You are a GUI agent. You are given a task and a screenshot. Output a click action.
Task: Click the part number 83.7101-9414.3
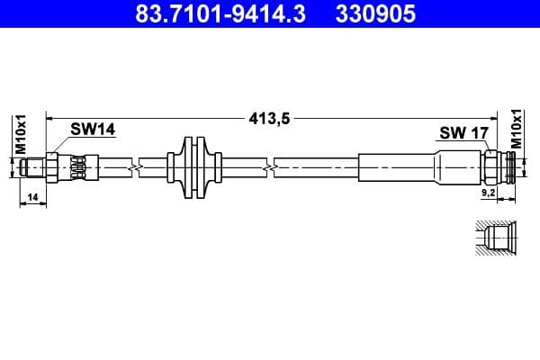209,15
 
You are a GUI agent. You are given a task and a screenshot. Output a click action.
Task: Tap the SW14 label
94,130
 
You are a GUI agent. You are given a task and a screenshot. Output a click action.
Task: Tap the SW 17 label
463,133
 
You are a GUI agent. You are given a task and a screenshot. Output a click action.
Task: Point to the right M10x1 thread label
517,128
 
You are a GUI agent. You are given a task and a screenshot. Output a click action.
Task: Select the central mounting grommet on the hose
193,167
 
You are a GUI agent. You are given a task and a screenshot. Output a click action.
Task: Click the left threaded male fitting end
36,167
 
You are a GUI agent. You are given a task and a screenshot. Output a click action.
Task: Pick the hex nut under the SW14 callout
53,167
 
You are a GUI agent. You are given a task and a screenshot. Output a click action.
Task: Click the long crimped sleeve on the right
396,167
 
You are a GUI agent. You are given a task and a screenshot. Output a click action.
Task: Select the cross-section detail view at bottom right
495,240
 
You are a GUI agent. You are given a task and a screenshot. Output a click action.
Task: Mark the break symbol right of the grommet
266,167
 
